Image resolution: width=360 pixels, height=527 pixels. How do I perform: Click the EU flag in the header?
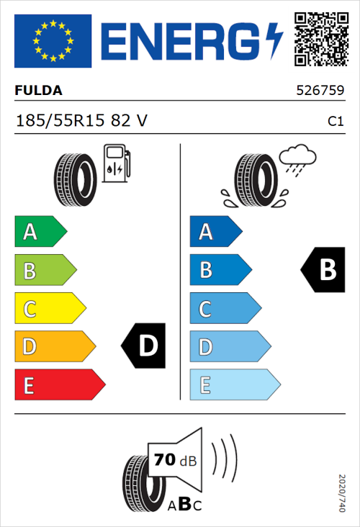tap(53, 40)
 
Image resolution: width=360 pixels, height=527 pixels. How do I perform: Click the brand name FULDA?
tap(38, 91)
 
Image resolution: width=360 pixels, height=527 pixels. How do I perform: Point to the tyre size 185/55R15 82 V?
tap(81, 121)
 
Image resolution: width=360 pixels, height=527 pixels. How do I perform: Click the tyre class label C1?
tap(335, 122)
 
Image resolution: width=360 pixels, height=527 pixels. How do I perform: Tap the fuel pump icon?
tap(116, 163)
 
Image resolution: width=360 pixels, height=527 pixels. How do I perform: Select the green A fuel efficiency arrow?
tap(40, 232)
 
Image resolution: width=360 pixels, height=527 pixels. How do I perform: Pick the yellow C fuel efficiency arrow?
tap(49, 308)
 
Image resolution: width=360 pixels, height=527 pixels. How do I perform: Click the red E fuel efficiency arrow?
tap(58, 384)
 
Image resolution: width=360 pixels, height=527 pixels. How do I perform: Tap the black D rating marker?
tap(143, 346)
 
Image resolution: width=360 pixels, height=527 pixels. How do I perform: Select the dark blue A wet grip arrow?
tap(215, 232)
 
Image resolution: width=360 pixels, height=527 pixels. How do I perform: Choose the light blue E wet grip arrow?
tap(234, 384)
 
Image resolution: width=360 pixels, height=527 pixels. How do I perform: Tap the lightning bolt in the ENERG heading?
tap(276, 41)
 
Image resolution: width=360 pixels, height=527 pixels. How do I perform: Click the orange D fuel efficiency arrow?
tap(54, 346)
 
